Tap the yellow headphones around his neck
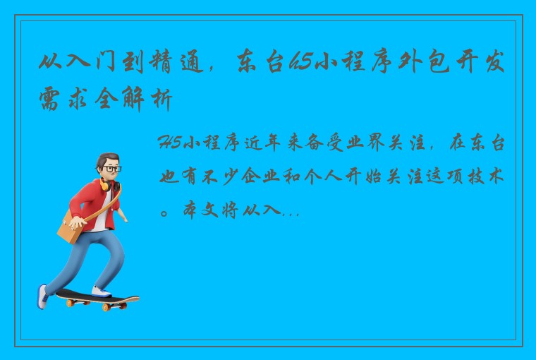[105, 186]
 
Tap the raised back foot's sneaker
[43, 296]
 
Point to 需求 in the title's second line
[64, 102]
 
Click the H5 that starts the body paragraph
[171, 145]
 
